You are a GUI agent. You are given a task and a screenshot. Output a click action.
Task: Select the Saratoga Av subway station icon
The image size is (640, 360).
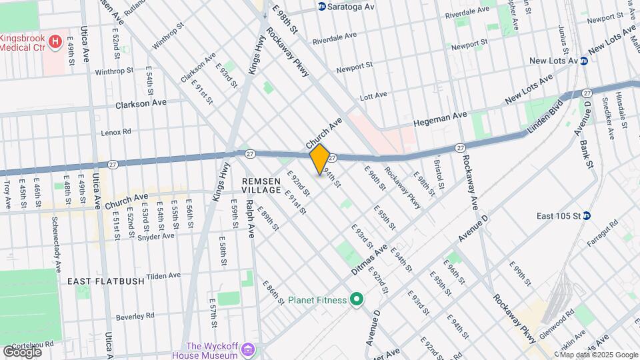coord(321,7)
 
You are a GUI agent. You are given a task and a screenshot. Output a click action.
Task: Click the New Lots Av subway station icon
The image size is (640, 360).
coord(583,61)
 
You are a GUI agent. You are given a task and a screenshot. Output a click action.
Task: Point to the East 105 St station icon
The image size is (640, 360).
coord(587,215)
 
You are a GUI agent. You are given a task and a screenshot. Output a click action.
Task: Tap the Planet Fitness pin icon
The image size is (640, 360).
coord(355,300)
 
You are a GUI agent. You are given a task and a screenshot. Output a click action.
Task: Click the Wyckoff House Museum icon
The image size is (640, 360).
coord(248,350)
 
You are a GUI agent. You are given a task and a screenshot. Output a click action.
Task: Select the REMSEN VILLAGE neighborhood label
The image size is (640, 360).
coord(266,185)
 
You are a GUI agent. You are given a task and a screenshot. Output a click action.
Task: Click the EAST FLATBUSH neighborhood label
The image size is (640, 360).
coord(106,281)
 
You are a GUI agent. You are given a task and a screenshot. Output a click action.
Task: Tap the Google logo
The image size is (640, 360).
coord(22,351)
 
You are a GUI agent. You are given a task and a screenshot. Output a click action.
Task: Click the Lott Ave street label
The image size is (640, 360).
coord(373,96)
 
